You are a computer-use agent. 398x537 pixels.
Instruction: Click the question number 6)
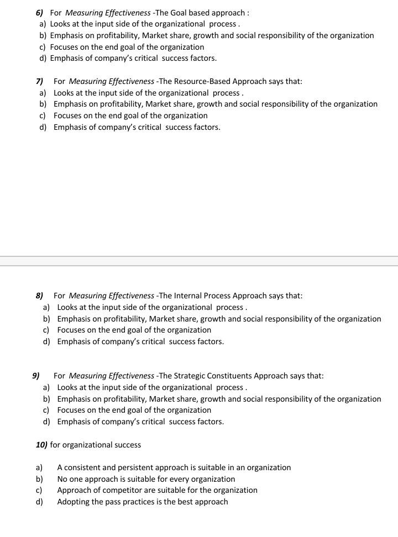(39, 13)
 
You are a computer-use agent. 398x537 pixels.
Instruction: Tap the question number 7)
(39, 81)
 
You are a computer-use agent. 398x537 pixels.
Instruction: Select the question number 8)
(40, 296)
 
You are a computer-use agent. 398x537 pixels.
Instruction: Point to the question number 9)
(36, 376)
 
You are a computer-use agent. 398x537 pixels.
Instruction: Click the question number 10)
(41, 445)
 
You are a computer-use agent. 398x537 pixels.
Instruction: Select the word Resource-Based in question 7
(202, 81)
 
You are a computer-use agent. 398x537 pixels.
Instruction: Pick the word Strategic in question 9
(191, 376)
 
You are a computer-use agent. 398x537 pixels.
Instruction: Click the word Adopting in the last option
(73, 502)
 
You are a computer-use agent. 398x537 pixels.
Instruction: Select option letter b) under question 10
(39, 479)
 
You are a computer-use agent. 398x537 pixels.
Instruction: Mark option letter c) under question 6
(43, 47)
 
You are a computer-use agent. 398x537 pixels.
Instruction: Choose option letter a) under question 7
(43, 93)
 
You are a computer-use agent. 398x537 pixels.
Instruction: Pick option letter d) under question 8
(46, 341)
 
